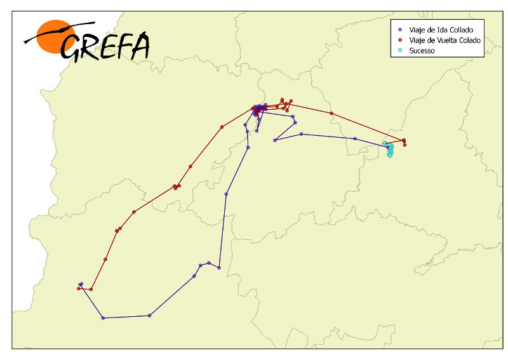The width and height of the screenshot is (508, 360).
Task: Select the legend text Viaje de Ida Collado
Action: click(441, 30)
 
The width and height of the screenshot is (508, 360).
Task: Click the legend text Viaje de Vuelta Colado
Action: click(445, 40)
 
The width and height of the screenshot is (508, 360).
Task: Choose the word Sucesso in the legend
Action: click(422, 50)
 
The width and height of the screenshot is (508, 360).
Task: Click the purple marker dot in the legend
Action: click(400, 30)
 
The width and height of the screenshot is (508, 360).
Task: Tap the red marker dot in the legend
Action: click(400, 40)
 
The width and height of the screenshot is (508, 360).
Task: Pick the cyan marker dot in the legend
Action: click(400, 50)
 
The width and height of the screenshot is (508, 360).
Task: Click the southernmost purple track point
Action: click(103, 317)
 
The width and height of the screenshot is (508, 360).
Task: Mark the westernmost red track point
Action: click(79, 288)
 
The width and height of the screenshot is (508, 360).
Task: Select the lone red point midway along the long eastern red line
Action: click(331, 114)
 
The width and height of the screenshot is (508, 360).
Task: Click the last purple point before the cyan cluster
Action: click(355, 138)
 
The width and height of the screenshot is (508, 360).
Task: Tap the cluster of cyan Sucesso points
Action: click(389, 149)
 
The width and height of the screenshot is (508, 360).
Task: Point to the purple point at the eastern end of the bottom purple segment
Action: click(149, 316)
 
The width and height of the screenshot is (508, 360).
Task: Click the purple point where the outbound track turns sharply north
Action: click(219, 268)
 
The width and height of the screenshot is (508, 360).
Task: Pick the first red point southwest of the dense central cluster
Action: click(222, 127)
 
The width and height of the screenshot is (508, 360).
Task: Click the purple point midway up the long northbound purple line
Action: click(227, 194)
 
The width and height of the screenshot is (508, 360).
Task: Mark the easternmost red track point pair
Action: click(404, 141)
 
